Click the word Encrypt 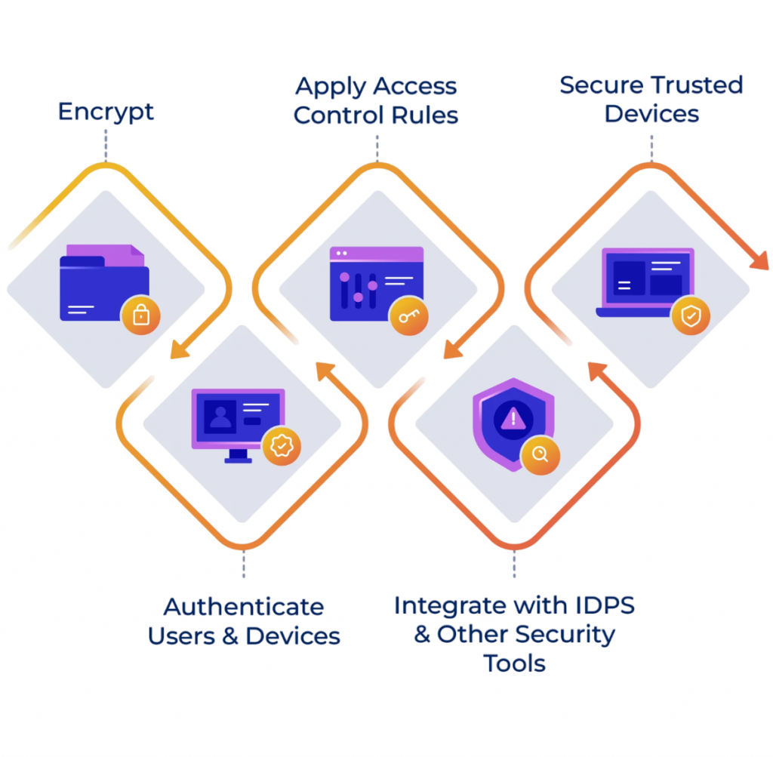click(x=106, y=112)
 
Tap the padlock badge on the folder click(x=141, y=315)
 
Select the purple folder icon click(x=104, y=283)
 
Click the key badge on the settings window click(x=408, y=316)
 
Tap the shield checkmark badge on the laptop click(x=691, y=316)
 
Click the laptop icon click(x=645, y=283)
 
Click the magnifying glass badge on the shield click(x=540, y=454)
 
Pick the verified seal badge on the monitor click(x=281, y=446)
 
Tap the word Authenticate click(x=244, y=607)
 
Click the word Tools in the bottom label click(x=514, y=663)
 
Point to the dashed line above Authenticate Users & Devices click(x=243, y=565)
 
